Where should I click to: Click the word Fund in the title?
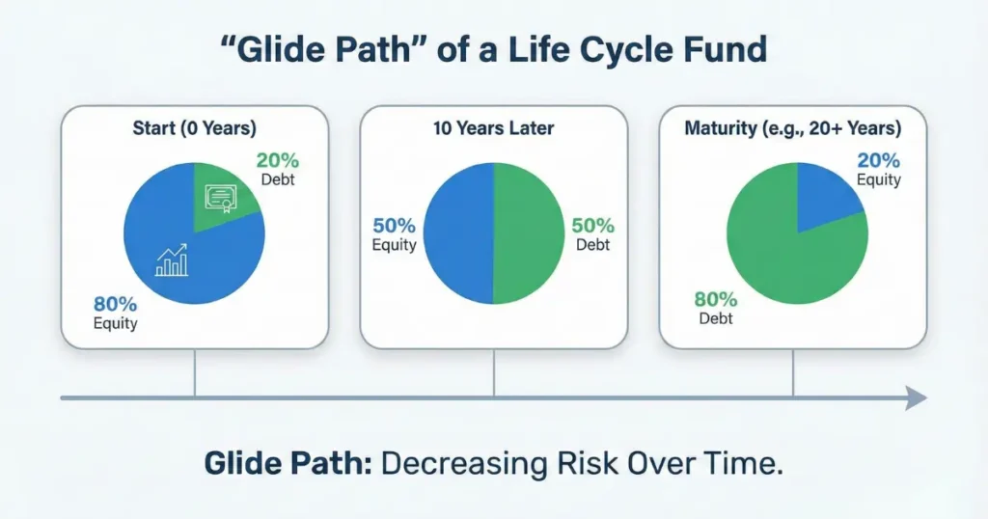[726, 51]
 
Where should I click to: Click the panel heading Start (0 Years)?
[194, 127]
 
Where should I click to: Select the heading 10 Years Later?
[493, 127]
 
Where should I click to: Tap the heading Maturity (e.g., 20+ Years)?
[792, 127]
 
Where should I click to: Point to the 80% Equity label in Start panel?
[114, 311]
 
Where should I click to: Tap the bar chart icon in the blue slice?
[172, 259]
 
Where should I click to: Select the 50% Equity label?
[394, 234]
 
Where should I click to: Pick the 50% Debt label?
[593, 234]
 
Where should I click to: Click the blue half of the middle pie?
[458, 233]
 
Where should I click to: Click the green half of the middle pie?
[528, 233]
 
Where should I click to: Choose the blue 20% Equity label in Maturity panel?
[878, 169]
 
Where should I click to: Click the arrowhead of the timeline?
[916, 397]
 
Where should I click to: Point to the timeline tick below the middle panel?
[494, 373]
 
